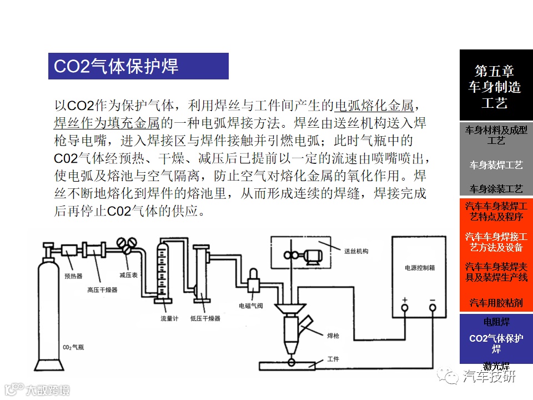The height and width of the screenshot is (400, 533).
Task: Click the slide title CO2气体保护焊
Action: click(116, 66)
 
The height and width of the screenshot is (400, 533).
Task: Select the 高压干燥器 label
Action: click(102, 289)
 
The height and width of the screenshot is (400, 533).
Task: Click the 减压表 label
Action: click(129, 275)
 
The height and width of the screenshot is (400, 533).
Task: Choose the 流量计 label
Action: click(168, 318)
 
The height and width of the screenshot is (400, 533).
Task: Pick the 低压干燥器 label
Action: click(205, 318)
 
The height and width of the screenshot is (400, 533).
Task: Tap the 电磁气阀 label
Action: click(250, 306)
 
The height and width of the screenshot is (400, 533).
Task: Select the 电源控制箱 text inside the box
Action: click(420, 267)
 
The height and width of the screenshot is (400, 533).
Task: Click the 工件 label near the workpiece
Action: click(333, 359)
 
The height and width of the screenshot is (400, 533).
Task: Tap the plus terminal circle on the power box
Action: click(404, 307)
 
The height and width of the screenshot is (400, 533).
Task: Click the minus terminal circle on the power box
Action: click(433, 307)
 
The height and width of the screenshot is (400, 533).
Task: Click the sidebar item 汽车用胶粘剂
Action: click(496, 303)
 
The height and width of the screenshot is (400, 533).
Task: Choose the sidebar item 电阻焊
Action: click(496, 322)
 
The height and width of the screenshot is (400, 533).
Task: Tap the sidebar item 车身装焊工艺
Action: click(496, 165)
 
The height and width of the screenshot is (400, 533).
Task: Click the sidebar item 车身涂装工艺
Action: click(496, 189)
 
